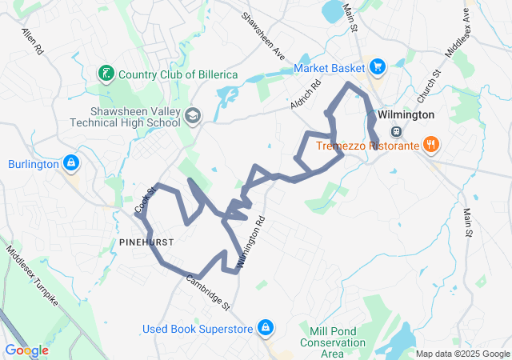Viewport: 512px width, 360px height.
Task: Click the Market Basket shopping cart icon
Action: (378, 68)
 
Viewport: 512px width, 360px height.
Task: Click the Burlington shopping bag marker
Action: (71, 164)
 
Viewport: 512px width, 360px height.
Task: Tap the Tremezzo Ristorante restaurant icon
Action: (431, 145)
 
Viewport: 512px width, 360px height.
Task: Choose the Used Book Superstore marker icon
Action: (266, 328)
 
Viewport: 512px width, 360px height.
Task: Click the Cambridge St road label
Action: (208, 292)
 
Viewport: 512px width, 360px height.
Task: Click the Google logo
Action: (26, 350)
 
